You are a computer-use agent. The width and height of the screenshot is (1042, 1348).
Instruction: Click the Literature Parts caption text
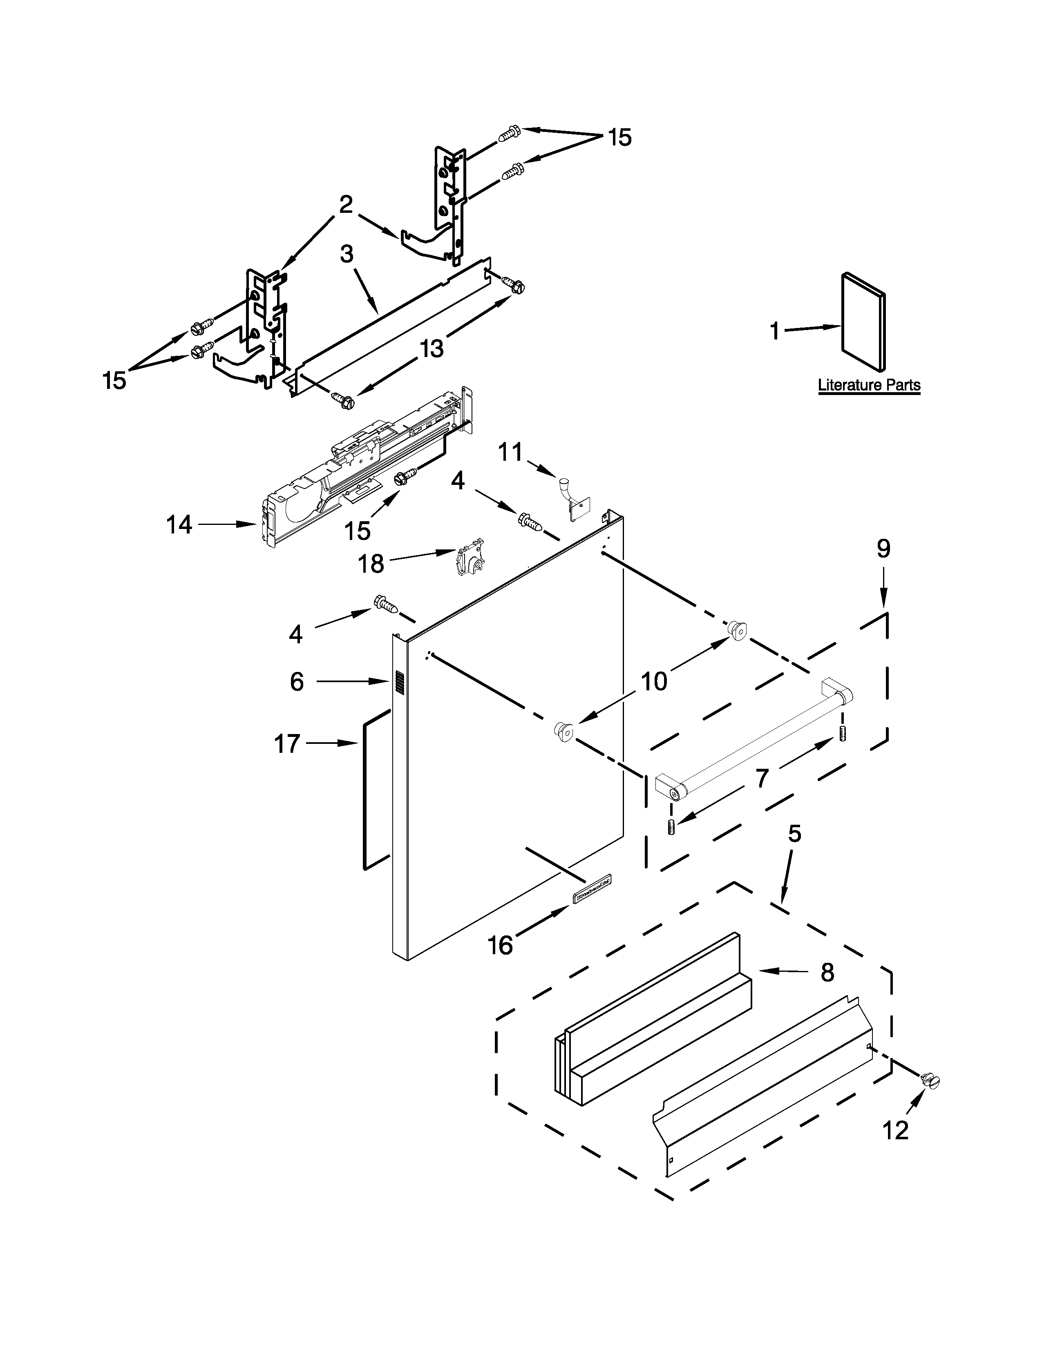[x=869, y=385]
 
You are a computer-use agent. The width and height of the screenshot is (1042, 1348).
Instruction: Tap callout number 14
[x=179, y=525]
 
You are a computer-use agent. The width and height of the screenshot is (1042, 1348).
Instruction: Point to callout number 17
[x=287, y=744]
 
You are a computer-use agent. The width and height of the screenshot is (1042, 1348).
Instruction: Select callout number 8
[x=827, y=973]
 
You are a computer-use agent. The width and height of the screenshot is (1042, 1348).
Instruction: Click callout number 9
[x=883, y=549]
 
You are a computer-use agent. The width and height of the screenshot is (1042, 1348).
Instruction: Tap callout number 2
[x=346, y=204]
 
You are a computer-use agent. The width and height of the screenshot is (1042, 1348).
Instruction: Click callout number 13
[x=432, y=349]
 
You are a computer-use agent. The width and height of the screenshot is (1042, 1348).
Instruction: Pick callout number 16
[x=500, y=945]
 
